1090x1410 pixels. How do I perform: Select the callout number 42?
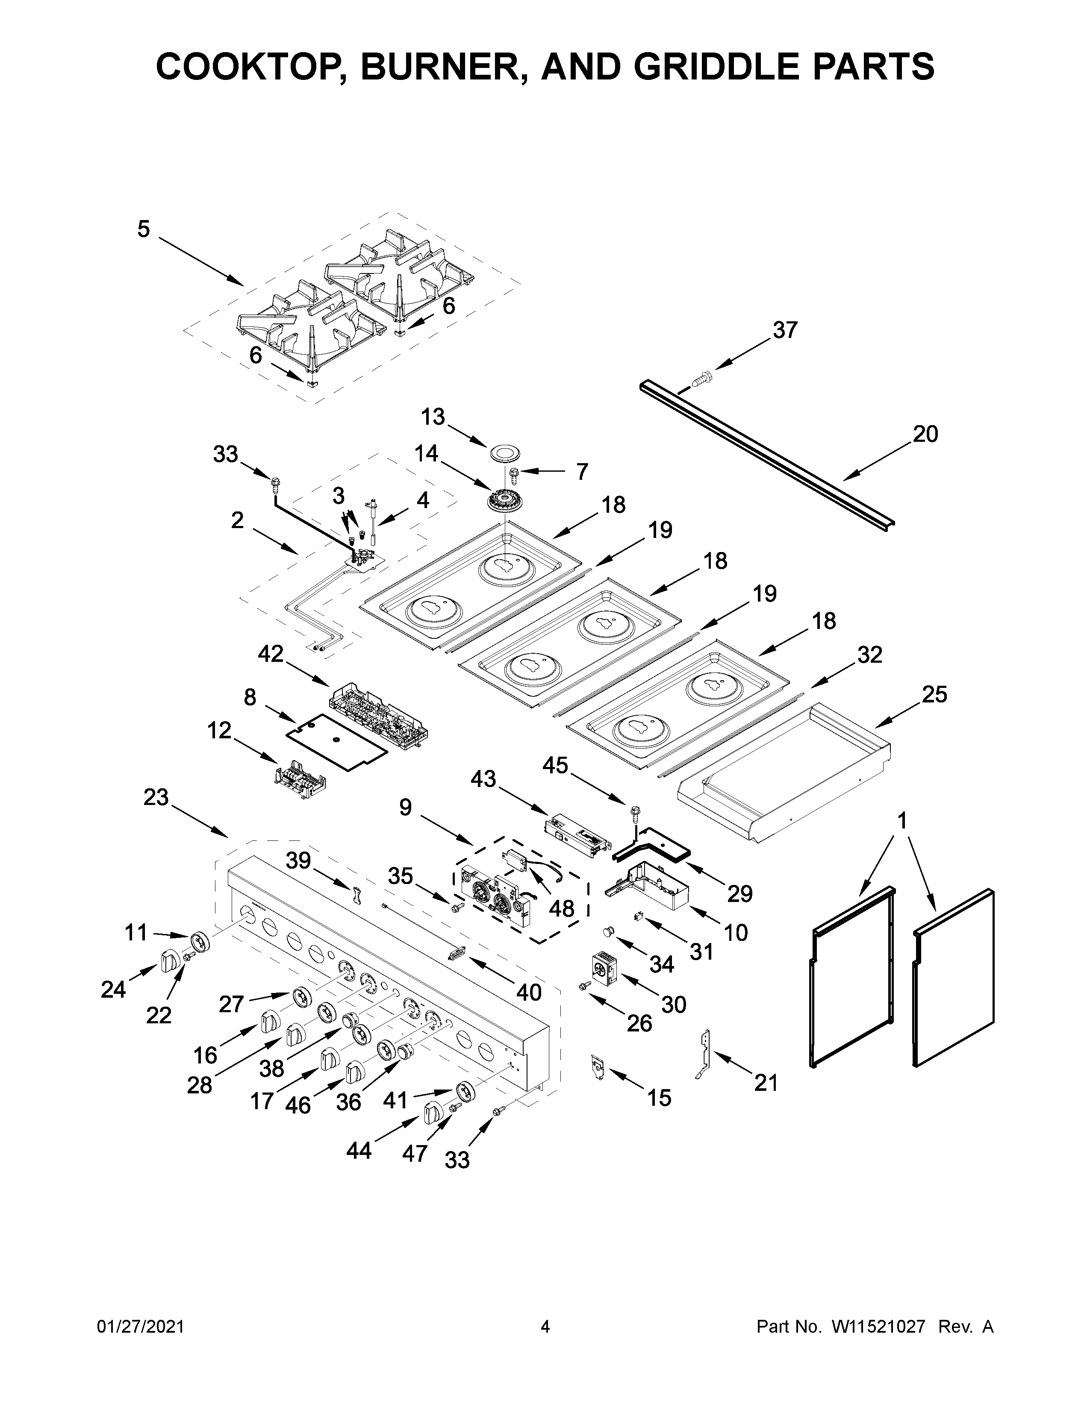click(x=271, y=654)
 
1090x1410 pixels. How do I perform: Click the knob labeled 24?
click(x=169, y=960)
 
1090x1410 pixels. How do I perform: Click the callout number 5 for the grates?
click(x=143, y=229)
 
